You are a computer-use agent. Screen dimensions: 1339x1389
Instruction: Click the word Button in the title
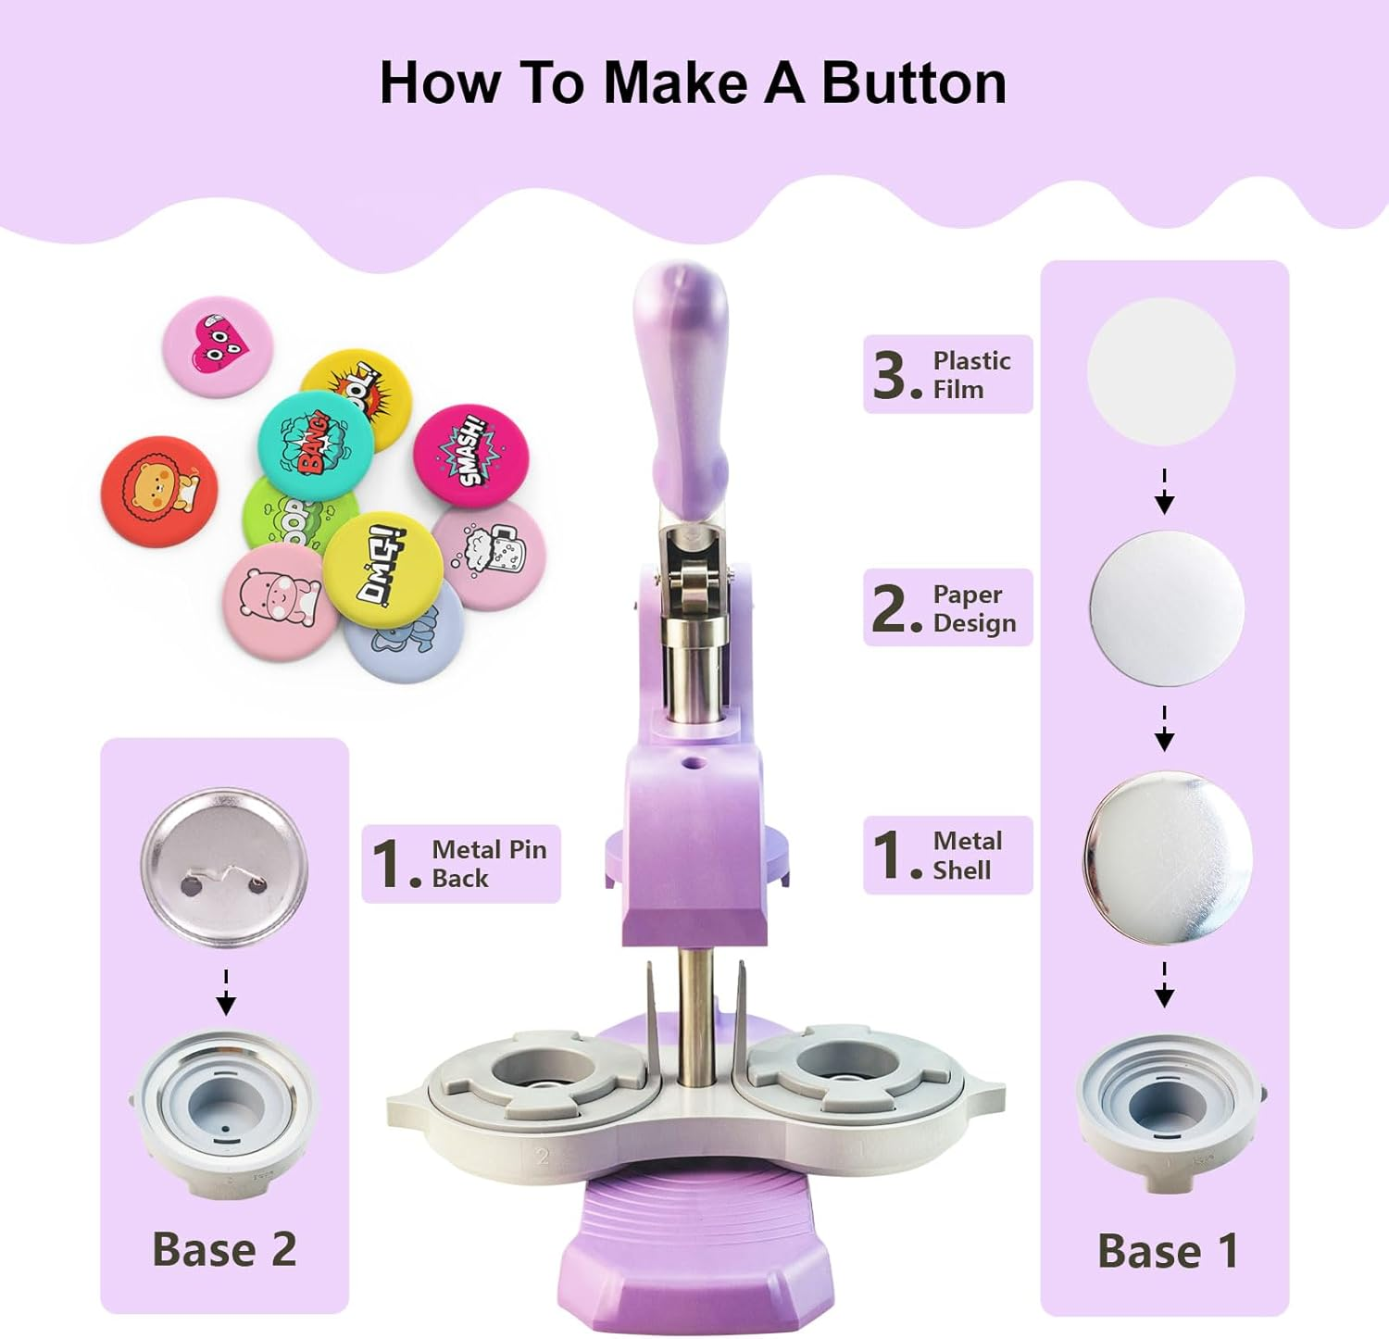point(913,83)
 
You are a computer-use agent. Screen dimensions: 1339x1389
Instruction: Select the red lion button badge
point(158,491)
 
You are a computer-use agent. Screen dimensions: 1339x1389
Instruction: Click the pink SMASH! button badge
point(471,458)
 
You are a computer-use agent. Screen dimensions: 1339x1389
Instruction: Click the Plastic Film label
point(947,374)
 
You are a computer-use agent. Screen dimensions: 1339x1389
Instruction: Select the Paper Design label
point(947,607)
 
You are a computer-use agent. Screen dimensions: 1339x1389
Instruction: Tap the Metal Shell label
point(947,855)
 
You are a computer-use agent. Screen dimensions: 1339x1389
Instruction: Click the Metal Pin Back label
point(461,863)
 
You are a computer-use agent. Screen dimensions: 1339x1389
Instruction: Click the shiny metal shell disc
point(1167,858)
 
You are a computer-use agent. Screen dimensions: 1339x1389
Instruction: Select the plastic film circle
point(1161,372)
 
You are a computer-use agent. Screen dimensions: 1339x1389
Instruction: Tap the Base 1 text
point(1167,1251)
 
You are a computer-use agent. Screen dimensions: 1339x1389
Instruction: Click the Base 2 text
point(224,1249)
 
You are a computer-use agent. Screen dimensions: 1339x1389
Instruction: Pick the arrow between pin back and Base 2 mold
point(226,994)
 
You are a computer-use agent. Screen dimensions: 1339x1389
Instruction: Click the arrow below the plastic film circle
point(1164,493)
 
